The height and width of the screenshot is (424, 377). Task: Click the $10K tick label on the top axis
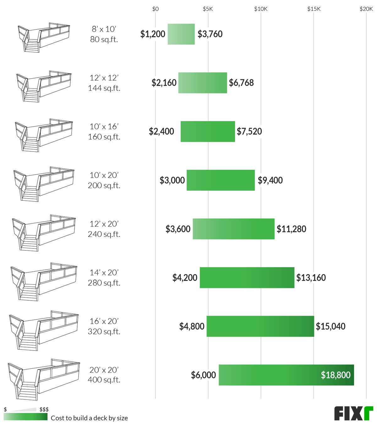point(261,9)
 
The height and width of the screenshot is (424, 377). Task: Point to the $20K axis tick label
point(366,9)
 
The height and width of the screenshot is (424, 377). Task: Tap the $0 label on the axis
point(155,9)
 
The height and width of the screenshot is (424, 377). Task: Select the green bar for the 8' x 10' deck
point(181,34)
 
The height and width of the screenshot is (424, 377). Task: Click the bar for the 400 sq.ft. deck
point(286,375)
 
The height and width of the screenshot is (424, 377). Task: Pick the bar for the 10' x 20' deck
point(221,180)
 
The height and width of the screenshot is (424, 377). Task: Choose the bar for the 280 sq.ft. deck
point(247,277)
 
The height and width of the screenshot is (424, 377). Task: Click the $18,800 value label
point(336,375)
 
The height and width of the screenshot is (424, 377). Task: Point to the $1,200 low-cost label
point(153,34)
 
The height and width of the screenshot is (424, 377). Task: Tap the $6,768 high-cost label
point(241,83)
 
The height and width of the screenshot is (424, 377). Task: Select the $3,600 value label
point(178,229)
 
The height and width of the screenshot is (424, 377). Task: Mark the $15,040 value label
point(331,326)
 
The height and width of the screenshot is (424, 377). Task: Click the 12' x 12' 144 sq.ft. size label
point(104,83)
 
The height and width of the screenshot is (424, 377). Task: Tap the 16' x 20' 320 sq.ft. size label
point(104,326)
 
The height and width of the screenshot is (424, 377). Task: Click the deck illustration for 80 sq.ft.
point(44,37)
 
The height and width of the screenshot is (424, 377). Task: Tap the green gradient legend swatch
point(25,417)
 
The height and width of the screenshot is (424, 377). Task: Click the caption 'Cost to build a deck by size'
point(89,418)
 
